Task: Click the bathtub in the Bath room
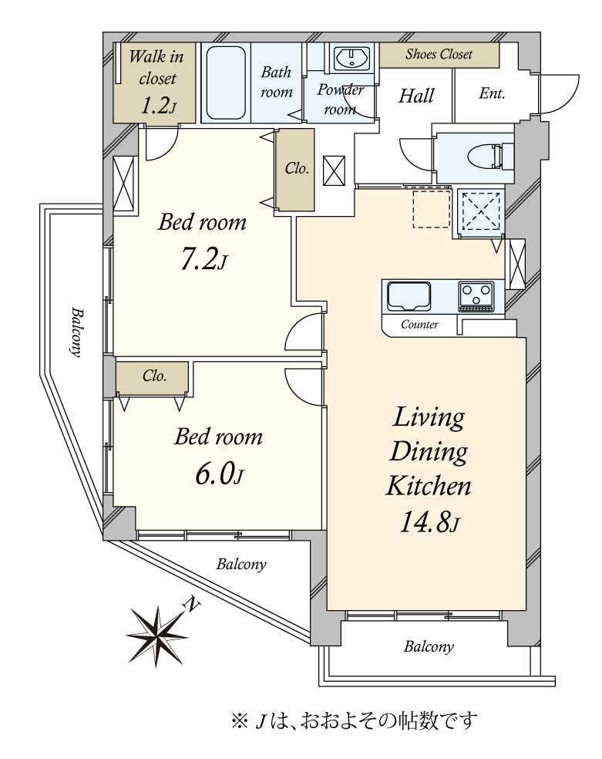[226, 83]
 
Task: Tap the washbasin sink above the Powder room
[351, 59]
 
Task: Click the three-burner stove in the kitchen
[476, 296]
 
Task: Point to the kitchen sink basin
[409, 297]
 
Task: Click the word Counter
[420, 324]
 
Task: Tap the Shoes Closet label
[439, 54]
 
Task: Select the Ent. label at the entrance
[492, 93]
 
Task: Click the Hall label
[416, 96]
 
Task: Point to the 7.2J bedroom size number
[203, 260]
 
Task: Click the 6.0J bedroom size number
[219, 474]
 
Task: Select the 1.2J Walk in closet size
[158, 105]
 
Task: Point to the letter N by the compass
[192, 605]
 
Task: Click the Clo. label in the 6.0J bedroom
[155, 376]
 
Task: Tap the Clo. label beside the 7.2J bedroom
[297, 168]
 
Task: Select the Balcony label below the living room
[429, 647]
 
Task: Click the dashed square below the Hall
[432, 208]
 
